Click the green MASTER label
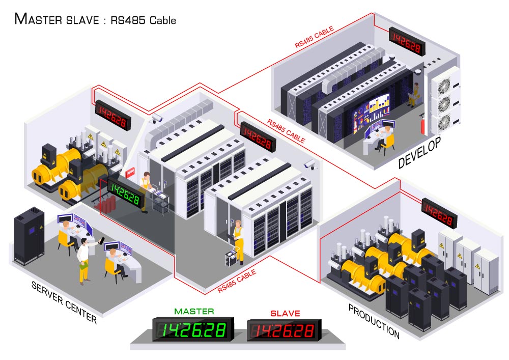coord(194,311)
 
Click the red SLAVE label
coord(285,313)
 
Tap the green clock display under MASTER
coord(193,329)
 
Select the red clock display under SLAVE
coord(284,330)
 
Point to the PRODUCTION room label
coord(374,321)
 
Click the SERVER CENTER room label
coord(64,302)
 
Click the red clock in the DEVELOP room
coord(407,41)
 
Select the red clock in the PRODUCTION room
coord(439,213)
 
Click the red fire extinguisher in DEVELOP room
coord(422,124)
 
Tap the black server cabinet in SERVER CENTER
coord(29,236)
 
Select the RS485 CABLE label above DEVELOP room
coord(314,37)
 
